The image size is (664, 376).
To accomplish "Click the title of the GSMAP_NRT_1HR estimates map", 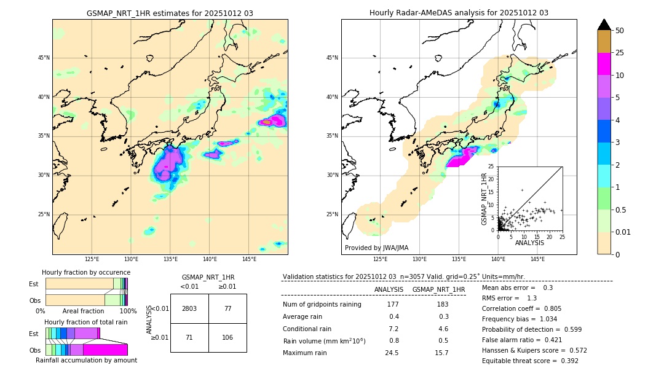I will pyautogui.click(x=170, y=13).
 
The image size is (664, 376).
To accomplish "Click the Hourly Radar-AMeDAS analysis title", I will pyautogui.click(x=459, y=13).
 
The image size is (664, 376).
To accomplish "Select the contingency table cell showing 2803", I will pyautogui.click(x=189, y=308).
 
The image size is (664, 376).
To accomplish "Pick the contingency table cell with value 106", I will pyautogui.click(x=227, y=337).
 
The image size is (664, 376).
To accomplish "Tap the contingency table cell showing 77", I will pyautogui.click(x=227, y=308).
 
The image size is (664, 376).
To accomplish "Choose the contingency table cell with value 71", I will pyautogui.click(x=189, y=337).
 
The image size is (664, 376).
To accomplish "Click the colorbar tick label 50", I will pyautogui.click(x=620, y=31).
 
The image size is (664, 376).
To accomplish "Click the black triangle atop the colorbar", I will pyautogui.click(x=604, y=25).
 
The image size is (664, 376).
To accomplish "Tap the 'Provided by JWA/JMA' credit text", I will pyautogui.click(x=376, y=248).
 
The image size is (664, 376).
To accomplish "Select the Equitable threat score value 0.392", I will pyautogui.click(x=566, y=361).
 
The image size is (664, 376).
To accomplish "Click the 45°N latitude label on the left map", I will pyautogui.click(x=44, y=58).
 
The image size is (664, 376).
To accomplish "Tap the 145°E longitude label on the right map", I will pyautogui.click(x=537, y=260).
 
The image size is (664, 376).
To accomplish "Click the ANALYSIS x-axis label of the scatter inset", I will pyautogui.click(x=529, y=243).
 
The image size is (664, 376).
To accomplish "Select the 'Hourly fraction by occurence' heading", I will pyautogui.click(x=86, y=272).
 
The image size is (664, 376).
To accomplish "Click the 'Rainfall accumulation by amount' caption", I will pyautogui.click(x=86, y=361).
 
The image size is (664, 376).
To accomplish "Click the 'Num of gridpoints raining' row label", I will pyautogui.click(x=322, y=305).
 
